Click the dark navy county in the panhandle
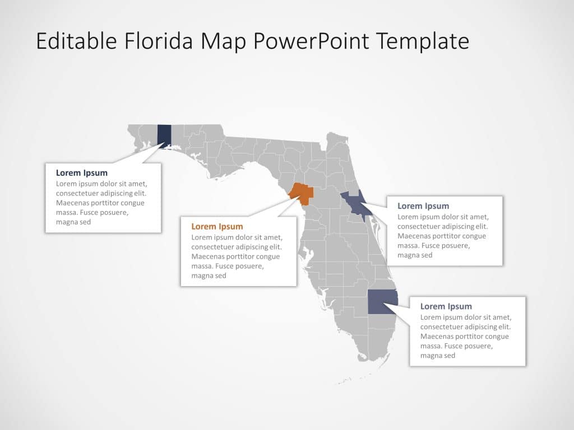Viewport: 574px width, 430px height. point(164,136)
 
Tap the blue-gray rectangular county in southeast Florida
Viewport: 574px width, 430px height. point(381,302)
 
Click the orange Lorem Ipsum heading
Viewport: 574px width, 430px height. point(217,226)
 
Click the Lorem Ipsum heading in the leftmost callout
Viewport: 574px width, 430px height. point(82,173)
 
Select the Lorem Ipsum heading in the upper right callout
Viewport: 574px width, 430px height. point(423,206)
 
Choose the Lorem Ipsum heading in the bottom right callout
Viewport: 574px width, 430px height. point(446,306)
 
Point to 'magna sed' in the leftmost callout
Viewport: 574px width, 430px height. point(73,222)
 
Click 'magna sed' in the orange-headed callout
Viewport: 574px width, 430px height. point(209,275)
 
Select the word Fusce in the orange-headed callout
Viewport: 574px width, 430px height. point(229,266)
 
